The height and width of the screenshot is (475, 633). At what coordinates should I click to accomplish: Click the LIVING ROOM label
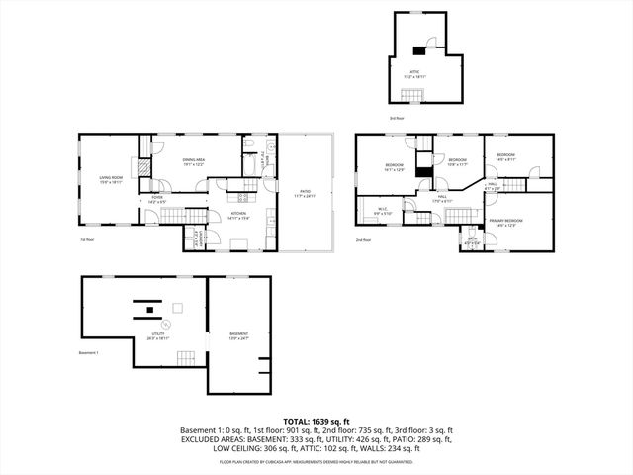(x=110, y=180)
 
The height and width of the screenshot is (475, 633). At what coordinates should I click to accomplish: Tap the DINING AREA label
(x=193, y=162)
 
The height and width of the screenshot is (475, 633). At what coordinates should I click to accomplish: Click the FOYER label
(x=156, y=199)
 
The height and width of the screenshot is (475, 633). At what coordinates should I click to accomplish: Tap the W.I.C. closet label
(x=384, y=211)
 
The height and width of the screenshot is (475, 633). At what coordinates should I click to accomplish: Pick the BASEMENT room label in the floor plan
(x=238, y=335)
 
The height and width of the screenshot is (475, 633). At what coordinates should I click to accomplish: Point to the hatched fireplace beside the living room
(x=143, y=168)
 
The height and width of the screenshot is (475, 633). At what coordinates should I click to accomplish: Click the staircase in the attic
(x=412, y=95)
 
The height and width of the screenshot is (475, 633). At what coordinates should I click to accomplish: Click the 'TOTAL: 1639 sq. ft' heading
(x=316, y=421)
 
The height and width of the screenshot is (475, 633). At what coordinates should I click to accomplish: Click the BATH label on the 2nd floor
(x=470, y=238)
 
